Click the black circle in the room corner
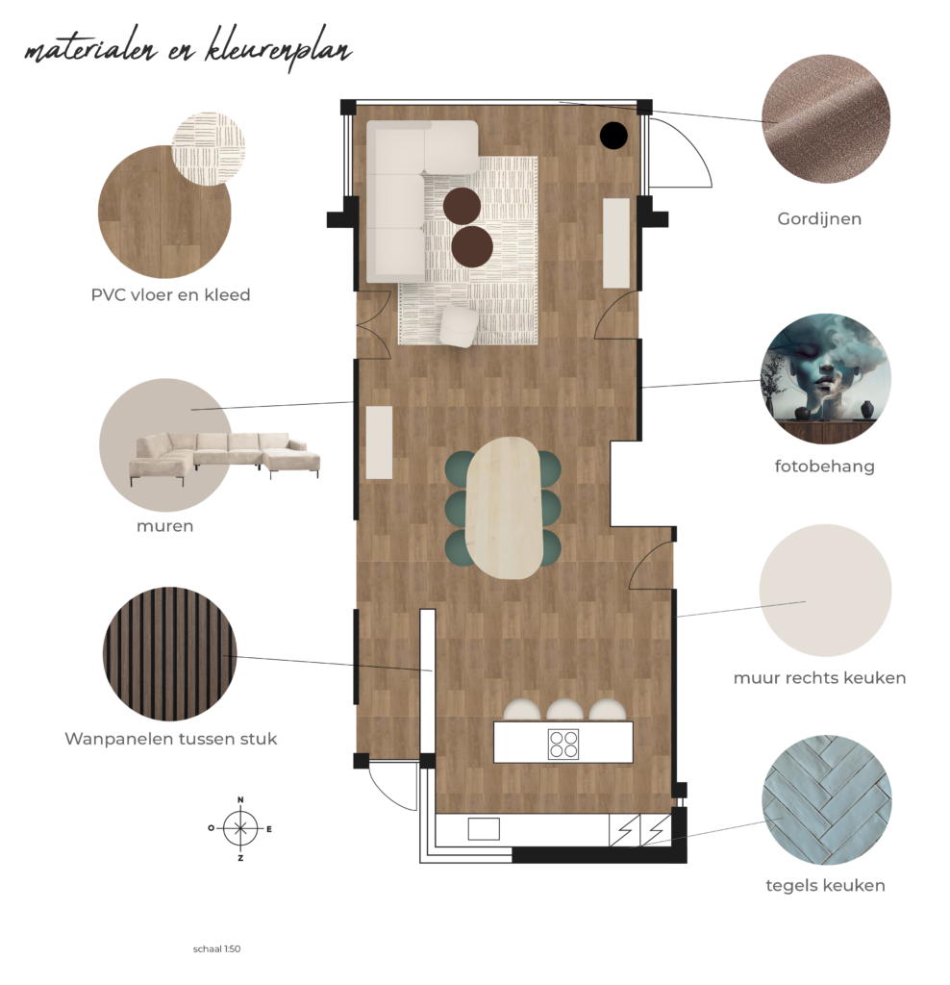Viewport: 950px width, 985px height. click(x=612, y=135)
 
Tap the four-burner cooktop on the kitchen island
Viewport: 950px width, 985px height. click(x=563, y=744)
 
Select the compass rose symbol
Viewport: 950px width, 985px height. click(x=240, y=828)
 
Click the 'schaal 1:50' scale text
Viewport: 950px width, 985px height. click(x=216, y=948)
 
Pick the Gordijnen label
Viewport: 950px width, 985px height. click(x=819, y=219)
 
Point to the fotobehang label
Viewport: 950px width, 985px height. click(x=824, y=467)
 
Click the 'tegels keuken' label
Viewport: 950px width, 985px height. click(x=825, y=885)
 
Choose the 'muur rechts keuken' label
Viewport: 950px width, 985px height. click(x=819, y=678)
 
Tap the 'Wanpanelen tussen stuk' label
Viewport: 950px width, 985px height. click(x=171, y=738)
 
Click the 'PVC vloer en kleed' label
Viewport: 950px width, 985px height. click(x=171, y=294)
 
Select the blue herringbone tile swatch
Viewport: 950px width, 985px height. click(x=826, y=800)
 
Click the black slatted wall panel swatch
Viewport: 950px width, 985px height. click(x=169, y=654)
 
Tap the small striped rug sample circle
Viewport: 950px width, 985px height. click(x=208, y=149)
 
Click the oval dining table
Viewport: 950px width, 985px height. click(x=504, y=508)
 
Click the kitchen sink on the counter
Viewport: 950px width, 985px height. click(x=484, y=829)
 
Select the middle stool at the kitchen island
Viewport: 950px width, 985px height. click(x=563, y=710)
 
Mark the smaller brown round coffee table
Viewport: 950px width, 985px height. click(x=462, y=206)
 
